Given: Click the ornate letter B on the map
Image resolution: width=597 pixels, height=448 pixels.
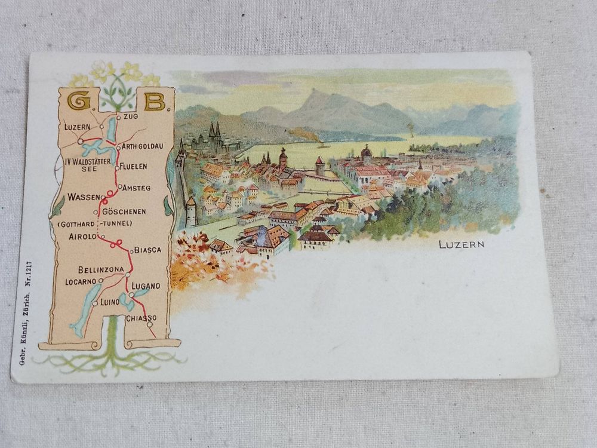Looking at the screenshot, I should click(154, 101).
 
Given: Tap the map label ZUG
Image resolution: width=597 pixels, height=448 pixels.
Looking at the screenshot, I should click(131, 116).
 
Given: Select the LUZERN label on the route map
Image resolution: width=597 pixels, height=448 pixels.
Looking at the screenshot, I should click(77, 127).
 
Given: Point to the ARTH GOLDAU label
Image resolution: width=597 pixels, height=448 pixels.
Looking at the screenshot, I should click(143, 146).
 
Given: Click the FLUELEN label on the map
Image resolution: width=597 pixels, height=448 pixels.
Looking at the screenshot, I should click(133, 166).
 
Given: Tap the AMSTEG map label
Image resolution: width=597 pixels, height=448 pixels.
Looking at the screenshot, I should click(136, 188).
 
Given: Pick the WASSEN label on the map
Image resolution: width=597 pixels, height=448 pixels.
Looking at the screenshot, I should click(82, 197).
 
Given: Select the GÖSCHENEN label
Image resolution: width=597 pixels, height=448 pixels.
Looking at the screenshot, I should click(124, 211).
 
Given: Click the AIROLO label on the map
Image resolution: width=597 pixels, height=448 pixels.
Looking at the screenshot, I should click(82, 237).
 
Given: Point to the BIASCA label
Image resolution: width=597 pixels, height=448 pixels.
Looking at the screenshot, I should click(147, 250).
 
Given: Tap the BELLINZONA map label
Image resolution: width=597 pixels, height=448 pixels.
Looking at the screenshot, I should click(101, 269).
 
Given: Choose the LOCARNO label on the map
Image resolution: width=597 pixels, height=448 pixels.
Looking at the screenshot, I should click(80, 281).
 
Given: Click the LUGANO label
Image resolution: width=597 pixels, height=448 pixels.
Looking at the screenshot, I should click(146, 286).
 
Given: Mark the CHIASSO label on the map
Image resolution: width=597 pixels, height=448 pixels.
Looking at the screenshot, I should click(141, 318).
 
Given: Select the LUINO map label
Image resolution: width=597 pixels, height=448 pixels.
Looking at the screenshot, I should click(110, 302).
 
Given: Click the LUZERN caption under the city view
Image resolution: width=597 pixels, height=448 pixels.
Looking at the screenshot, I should click(461, 244).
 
